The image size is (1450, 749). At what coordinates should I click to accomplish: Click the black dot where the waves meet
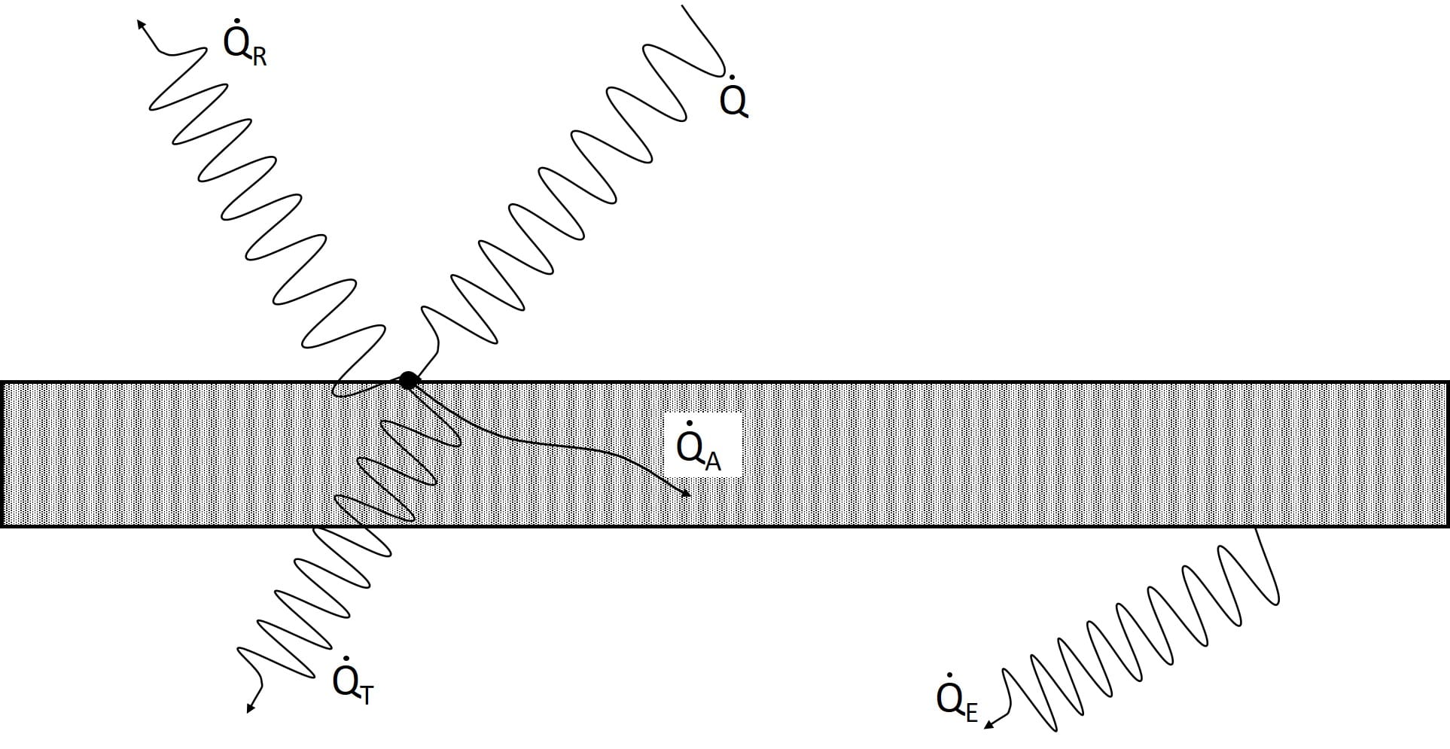click(408, 380)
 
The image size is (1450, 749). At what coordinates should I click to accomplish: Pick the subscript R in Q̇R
click(259, 57)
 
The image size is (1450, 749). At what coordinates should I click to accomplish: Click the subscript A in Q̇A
click(713, 461)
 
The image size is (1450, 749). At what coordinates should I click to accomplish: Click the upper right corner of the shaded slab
click(1447, 383)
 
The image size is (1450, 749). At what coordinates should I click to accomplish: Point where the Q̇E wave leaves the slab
click(1257, 528)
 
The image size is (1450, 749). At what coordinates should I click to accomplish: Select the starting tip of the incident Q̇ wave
click(684, 6)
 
